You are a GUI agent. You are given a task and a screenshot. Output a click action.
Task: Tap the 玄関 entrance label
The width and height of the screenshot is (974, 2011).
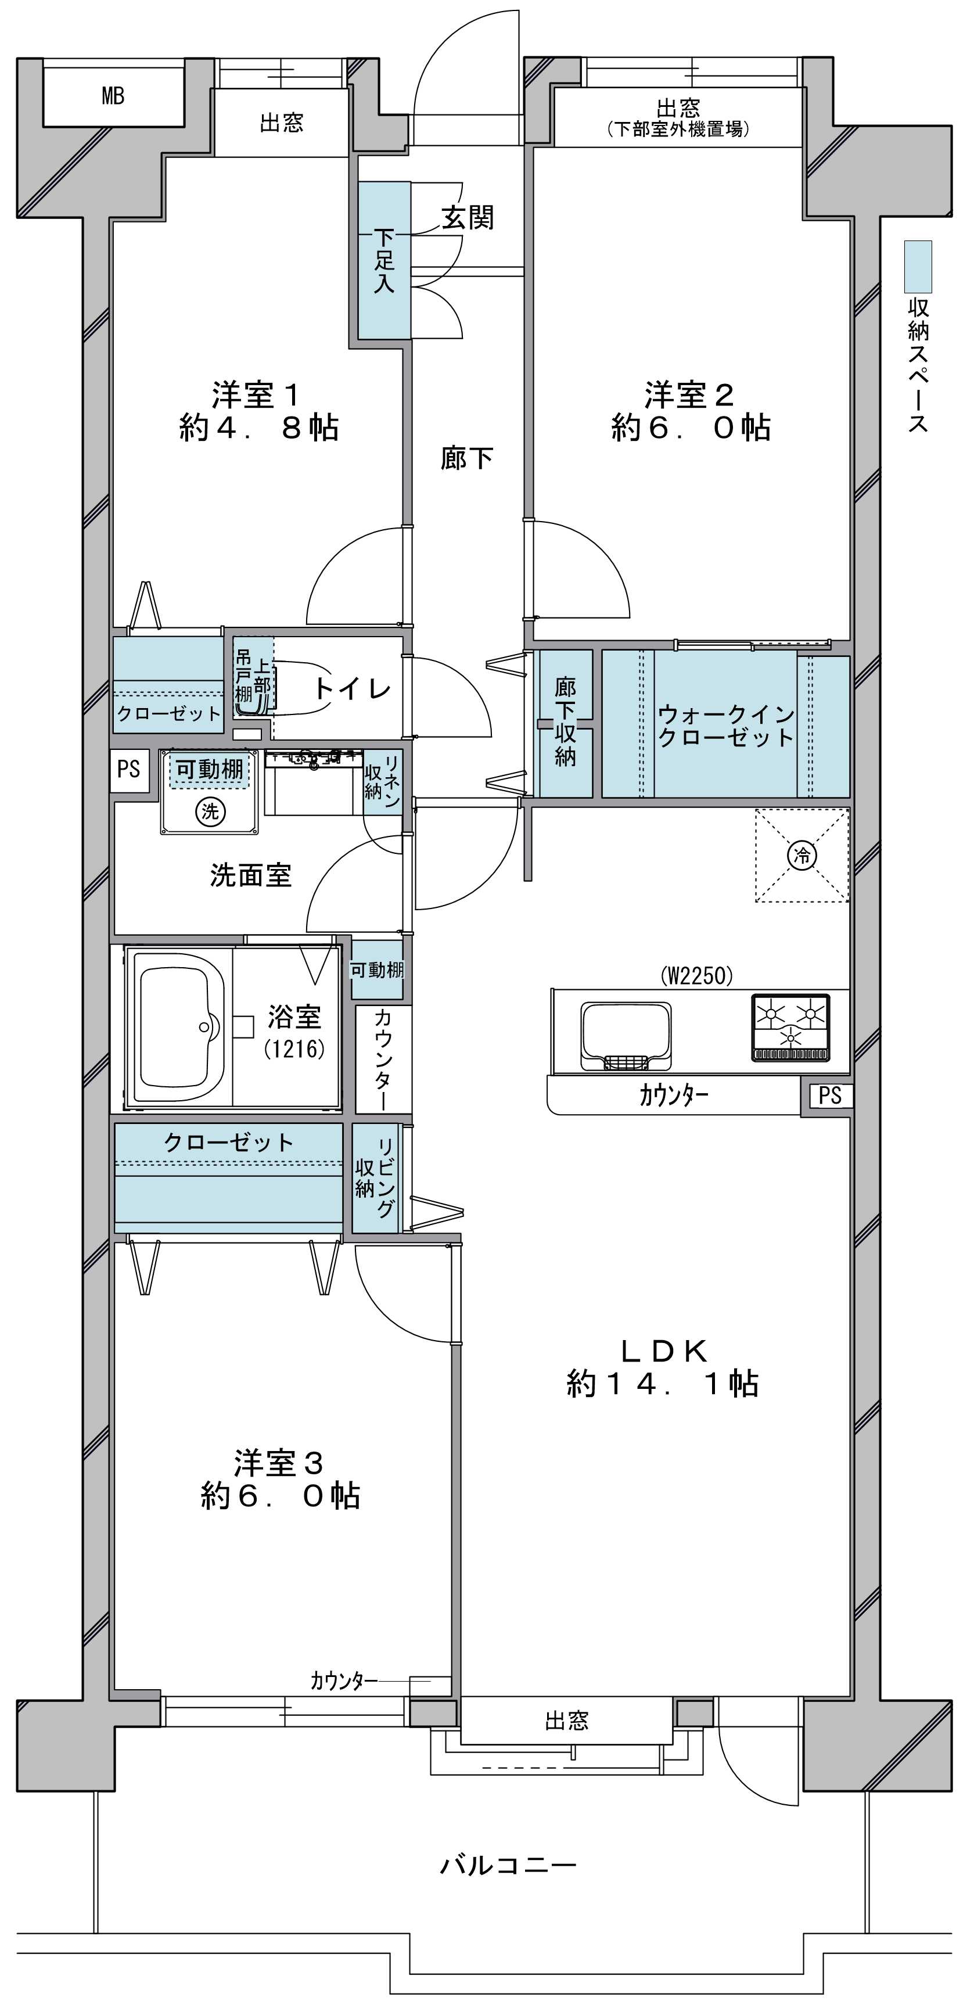tap(468, 217)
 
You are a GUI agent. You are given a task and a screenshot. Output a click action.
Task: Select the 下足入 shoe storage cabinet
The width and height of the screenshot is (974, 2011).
tap(384, 260)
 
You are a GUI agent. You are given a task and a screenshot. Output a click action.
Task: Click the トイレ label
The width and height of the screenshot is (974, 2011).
tap(352, 688)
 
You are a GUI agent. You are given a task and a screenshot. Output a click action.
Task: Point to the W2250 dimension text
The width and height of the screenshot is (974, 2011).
tap(698, 976)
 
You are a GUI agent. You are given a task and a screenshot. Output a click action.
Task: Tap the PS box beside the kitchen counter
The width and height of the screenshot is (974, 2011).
tap(829, 1096)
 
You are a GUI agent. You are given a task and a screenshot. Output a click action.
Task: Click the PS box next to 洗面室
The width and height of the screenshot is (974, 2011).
tap(129, 770)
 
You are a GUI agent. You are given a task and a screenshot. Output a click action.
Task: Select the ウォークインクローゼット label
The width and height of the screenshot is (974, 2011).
tap(726, 726)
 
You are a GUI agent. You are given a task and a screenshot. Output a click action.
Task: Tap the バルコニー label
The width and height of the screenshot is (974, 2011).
tap(508, 1865)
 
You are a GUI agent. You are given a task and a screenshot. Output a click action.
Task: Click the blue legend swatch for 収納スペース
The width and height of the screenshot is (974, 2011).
tap(918, 267)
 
